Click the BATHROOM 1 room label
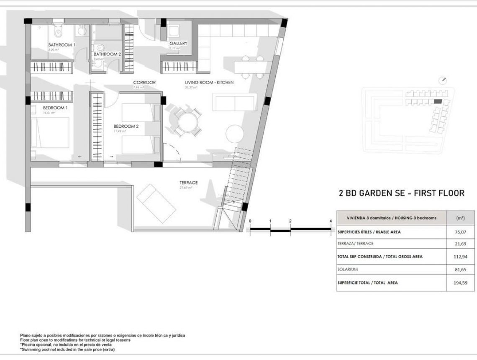tap(62, 45)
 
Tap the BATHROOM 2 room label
tap(107, 54)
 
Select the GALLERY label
tap(178, 44)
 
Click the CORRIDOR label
tap(144, 82)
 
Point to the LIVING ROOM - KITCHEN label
tap(209, 82)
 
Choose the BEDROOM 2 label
tap(126, 126)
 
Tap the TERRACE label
tap(188, 183)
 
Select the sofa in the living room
tap(235, 103)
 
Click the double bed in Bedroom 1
tap(51, 132)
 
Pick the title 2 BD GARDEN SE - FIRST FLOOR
tap(401, 193)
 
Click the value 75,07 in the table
tap(457, 232)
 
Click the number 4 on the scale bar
tap(331, 221)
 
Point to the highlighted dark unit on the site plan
tap(438, 101)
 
